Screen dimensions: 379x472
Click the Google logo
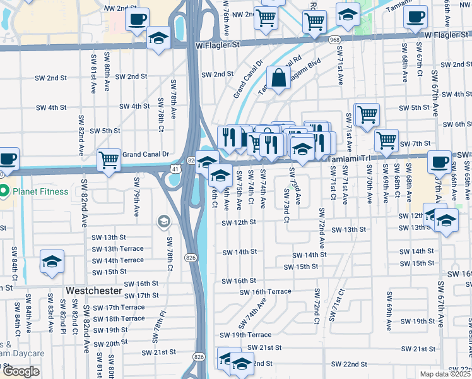pyautogui.click(x=21, y=371)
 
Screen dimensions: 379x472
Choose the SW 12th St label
pyautogui.click(x=239, y=222)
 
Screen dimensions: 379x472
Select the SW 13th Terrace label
pyautogui.click(x=118, y=249)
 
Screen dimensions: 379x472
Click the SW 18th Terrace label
pyautogui.click(x=118, y=318)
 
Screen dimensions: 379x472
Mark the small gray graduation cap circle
pyautogui.click(x=164, y=221)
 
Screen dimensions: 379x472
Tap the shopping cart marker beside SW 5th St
pyautogui.click(x=367, y=115)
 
